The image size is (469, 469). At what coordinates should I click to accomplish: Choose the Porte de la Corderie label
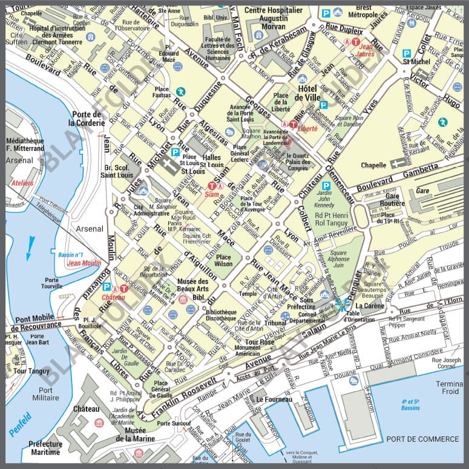[x=87, y=118]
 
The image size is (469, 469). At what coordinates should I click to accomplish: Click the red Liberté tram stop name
[x=308, y=129]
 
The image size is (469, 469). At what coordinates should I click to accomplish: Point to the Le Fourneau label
[x=274, y=399]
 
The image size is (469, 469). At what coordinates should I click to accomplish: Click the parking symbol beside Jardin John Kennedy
[x=326, y=186]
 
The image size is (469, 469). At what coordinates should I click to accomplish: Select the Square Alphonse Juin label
[x=339, y=258]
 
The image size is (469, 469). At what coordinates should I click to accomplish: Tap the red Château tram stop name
[x=113, y=297]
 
